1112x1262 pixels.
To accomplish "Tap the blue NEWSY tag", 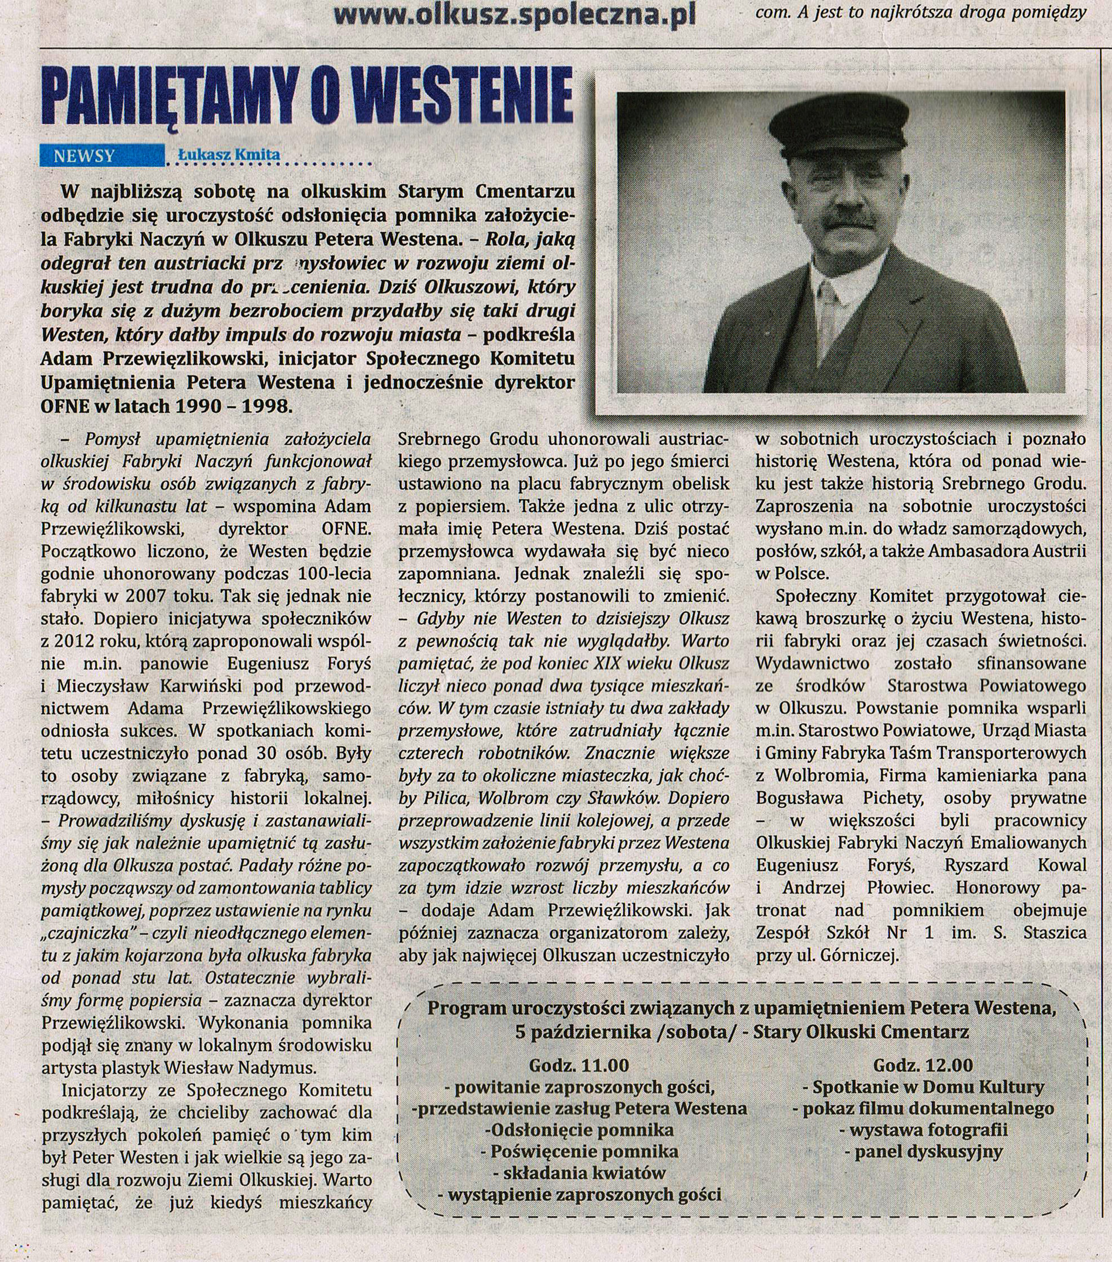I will [x=85, y=156].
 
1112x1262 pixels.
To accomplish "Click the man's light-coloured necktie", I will [x=829, y=321].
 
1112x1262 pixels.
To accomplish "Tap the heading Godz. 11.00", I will [x=579, y=1065].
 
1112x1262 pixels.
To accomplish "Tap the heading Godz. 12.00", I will [x=923, y=1065].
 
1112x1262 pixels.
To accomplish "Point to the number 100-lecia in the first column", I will [x=335, y=573].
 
